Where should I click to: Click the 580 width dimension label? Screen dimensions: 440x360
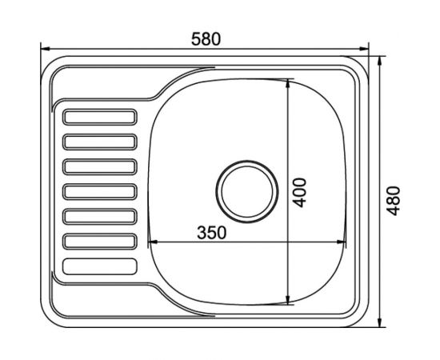pos(206,39)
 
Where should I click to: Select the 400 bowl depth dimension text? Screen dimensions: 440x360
pos(299,193)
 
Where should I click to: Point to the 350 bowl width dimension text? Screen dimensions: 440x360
pos(211,233)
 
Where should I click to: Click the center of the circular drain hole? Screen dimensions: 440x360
pos(247,192)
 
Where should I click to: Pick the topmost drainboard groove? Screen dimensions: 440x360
pos(100,117)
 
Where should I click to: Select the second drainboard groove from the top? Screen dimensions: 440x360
pos(100,142)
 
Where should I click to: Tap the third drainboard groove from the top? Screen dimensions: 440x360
pos(100,166)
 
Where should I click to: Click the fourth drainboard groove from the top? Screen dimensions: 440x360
pos(100,192)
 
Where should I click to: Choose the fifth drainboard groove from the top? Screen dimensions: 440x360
pos(100,217)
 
